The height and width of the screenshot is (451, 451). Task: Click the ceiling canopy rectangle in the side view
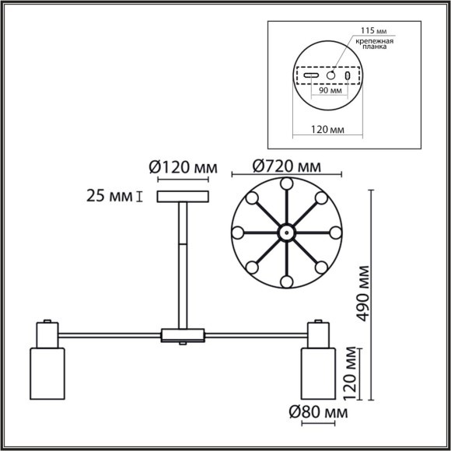(183, 196)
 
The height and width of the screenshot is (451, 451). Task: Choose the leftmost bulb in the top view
(238, 232)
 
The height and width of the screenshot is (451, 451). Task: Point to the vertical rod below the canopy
(183, 264)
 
